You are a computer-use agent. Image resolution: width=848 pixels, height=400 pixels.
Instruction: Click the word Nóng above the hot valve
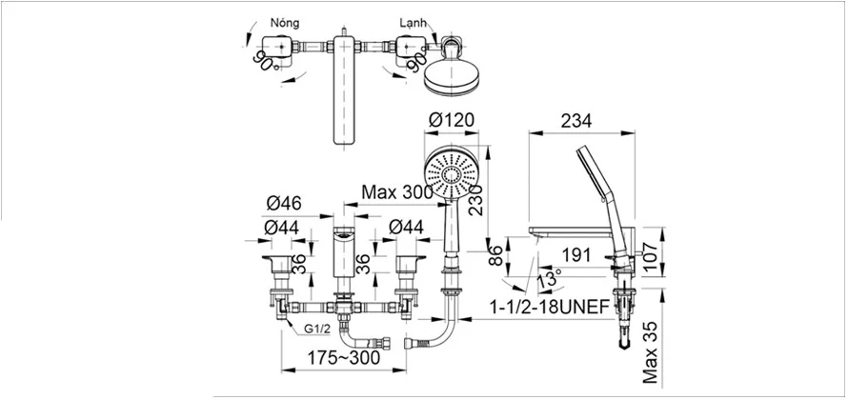point(285,23)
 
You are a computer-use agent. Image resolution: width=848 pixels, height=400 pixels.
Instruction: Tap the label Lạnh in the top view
point(414,23)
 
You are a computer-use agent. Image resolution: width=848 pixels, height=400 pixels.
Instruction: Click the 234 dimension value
point(575,121)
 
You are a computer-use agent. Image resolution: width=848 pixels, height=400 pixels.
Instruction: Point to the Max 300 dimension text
point(397,191)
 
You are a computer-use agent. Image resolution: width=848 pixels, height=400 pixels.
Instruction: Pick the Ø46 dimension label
point(284,204)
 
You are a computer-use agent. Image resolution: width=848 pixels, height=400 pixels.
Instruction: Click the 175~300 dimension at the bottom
point(343,357)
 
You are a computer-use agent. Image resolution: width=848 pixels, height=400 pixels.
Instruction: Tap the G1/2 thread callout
point(313,328)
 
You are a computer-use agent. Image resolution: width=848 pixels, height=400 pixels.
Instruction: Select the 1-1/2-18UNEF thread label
point(550,308)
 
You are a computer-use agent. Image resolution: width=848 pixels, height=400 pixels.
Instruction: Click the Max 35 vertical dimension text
point(651,352)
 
